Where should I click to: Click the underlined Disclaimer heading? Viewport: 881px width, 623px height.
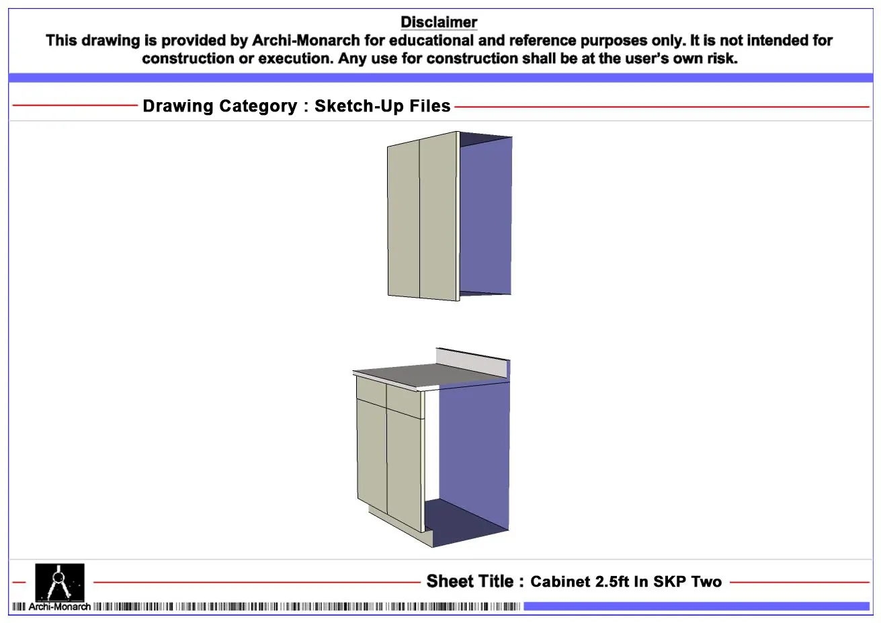(439, 22)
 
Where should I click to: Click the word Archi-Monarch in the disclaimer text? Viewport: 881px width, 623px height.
(306, 40)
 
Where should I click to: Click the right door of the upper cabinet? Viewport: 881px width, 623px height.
(438, 216)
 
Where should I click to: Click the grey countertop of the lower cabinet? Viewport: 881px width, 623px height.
(429, 375)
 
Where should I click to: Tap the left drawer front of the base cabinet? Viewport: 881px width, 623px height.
(371, 391)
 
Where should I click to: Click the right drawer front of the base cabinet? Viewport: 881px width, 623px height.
(405, 401)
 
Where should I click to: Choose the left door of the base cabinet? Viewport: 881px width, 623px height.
(372, 456)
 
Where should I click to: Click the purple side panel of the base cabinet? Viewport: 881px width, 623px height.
(474, 452)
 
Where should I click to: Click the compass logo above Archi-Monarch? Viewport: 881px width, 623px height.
(60, 582)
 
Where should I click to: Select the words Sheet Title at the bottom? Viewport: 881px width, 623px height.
(470, 581)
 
